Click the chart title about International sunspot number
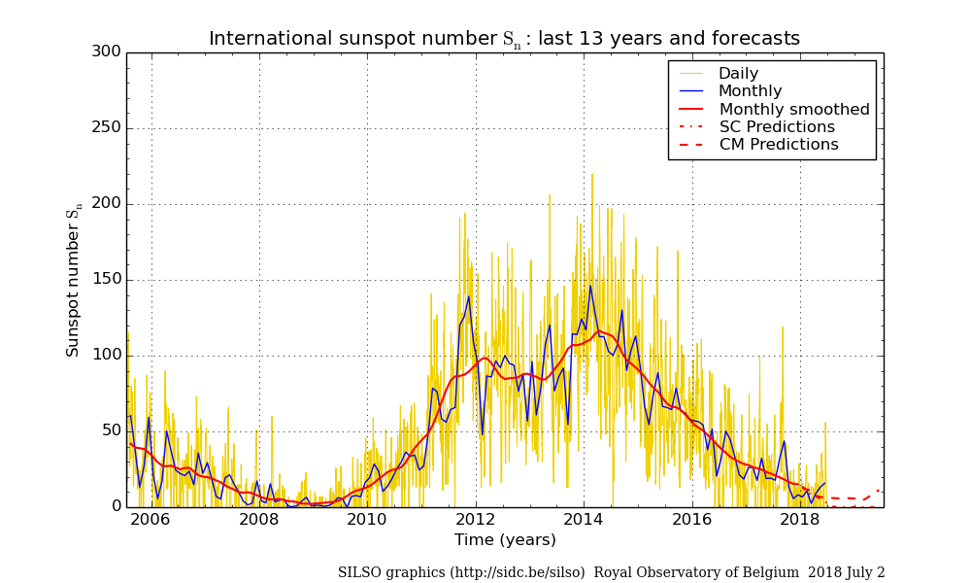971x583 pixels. (504, 39)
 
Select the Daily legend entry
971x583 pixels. (738, 74)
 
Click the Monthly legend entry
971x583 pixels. (750, 91)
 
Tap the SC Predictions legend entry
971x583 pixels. (777, 127)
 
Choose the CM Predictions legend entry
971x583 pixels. (779, 145)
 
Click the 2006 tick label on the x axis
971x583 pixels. (151, 519)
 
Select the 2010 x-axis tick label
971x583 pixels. (367, 519)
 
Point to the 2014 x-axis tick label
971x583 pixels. (584, 519)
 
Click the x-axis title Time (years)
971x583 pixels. (505, 540)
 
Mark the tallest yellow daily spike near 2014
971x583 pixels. (592, 176)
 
